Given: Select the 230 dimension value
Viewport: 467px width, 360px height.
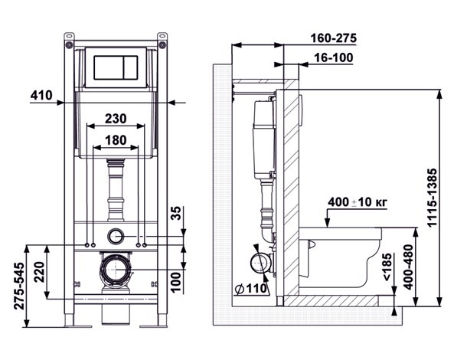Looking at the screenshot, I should pyautogui.click(x=115, y=119).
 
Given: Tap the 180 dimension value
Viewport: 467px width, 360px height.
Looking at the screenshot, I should pyautogui.click(x=115, y=140).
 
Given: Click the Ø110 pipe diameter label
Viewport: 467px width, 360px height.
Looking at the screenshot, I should pyautogui.click(x=249, y=290).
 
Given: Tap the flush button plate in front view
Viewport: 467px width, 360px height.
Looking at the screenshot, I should pyautogui.click(x=115, y=68).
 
